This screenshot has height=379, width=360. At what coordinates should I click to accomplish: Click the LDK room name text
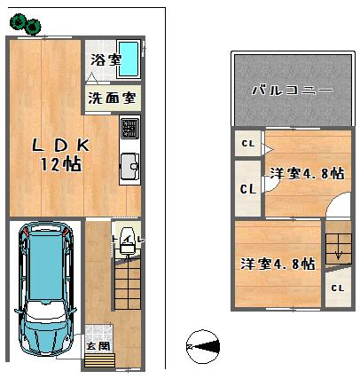click(x=61, y=146)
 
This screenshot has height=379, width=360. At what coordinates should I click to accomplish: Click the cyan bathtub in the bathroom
click(x=129, y=59)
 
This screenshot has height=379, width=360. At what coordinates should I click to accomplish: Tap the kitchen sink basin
click(x=129, y=165)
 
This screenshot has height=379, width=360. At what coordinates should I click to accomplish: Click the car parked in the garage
click(x=44, y=288)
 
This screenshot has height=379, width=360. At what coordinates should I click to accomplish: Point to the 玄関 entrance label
click(x=97, y=343)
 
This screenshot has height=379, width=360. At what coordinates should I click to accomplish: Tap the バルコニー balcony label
click(x=292, y=90)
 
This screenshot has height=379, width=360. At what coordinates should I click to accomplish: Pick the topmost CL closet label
click(x=247, y=142)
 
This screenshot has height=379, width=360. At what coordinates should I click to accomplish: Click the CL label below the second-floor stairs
click(x=337, y=288)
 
